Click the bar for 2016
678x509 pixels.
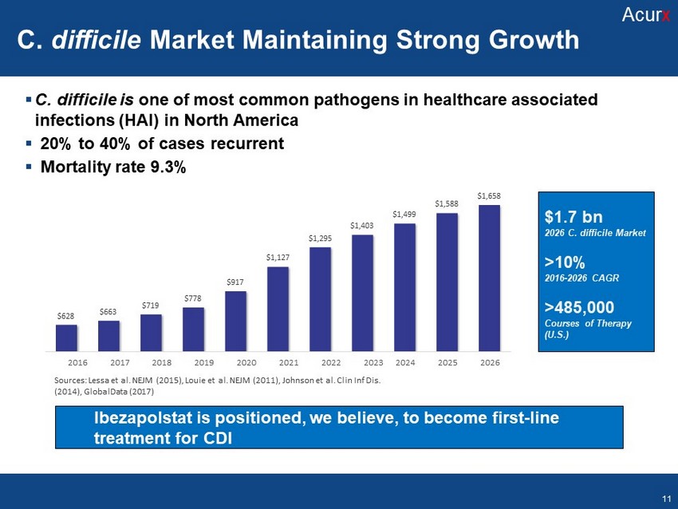[x=66, y=337]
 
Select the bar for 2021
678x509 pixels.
[x=278, y=309]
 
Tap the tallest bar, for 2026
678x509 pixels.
[x=489, y=278]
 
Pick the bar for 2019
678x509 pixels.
[x=193, y=329]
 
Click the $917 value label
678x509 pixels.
[x=235, y=282]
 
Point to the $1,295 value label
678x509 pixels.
[x=320, y=238]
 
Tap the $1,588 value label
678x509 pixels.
[x=447, y=203]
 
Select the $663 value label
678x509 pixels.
[x=108, y=311]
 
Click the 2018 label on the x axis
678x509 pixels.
[x=151, y=363]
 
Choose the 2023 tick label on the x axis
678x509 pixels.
[x=363, y=363]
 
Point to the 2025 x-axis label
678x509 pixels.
[x=447, y=363]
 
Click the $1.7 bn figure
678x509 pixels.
[x=574, y=217]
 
